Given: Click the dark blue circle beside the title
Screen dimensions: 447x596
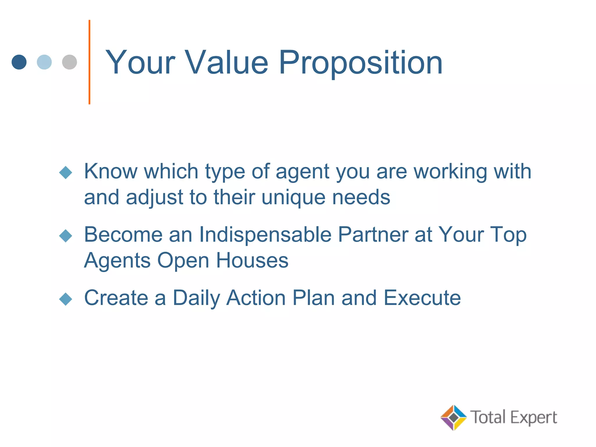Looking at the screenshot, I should click(19, 62).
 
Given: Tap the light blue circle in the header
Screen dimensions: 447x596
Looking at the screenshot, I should click(44, 62).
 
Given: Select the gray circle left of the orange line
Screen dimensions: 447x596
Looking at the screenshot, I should click(70, 62).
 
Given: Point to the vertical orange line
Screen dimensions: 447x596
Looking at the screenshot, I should click(89, 62).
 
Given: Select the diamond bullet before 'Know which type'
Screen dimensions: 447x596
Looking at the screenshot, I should click(65, 172).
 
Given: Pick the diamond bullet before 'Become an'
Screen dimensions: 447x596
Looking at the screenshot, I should click(65, 235).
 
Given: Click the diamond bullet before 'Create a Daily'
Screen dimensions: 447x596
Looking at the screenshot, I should click(65, 299).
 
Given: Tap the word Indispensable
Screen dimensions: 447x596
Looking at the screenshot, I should click(265, 235).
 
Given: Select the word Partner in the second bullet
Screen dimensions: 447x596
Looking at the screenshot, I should click(373, 235).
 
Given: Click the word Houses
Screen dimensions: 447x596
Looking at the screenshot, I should click(252, 260).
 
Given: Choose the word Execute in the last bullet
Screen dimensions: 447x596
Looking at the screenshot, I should click(422, 298).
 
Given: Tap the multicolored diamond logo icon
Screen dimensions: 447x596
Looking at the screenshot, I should click(453, 417).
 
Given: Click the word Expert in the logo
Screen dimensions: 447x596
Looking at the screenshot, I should click(534, 418).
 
